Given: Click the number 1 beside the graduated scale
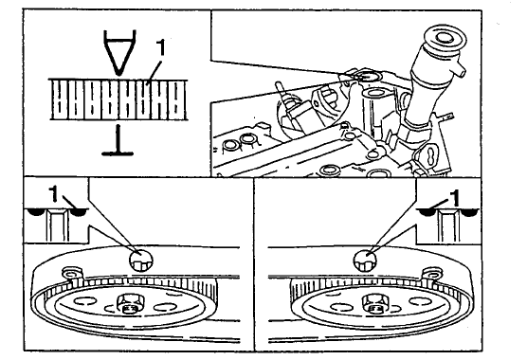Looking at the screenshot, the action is click(x=162, y=47).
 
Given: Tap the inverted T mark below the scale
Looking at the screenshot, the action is click(x=118, y=140).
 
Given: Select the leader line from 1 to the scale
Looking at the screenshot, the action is click(x=155, y=70).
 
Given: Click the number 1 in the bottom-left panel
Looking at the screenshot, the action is click(x=54, y=194).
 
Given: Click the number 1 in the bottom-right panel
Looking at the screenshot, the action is click(x=455, y=198).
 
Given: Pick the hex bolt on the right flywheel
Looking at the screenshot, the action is click(x=375, y=303).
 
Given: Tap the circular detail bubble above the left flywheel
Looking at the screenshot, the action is click(x=141, y=260).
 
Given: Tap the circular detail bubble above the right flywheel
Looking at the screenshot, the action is click(x=365, y=260).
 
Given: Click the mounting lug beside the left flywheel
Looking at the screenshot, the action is click(x=71, y=274).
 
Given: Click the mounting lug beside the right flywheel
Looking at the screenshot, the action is click(x=432, y=274).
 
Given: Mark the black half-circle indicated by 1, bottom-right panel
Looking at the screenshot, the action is click(x=427, y=212).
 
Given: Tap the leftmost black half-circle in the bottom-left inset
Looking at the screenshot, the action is click(x=36, y=212).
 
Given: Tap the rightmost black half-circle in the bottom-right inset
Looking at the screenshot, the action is click(x=469, y=212).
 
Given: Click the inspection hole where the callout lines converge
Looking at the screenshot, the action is click(x=368, y=76).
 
